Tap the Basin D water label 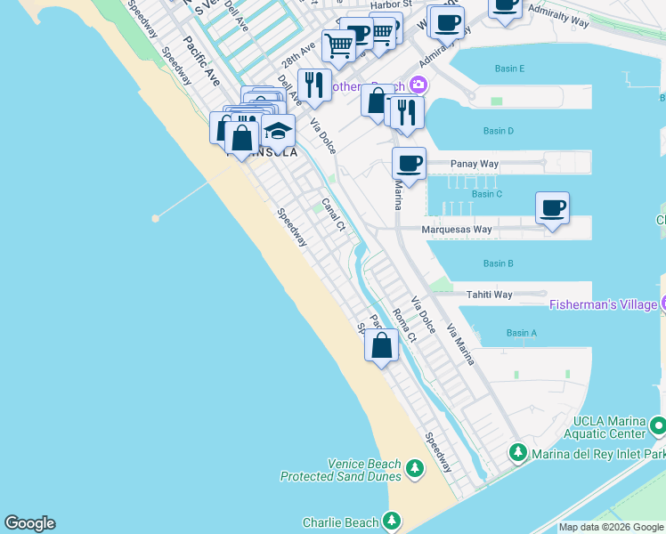pos(499,132)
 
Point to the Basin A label pos(522,333)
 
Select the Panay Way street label pos(475,164)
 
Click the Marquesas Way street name pos(457,230)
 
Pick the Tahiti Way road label pos(491,295)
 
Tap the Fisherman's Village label pos(602,304)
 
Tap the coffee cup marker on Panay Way pos(409,164)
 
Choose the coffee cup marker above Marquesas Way pos(553,208)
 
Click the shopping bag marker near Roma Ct pos(382,345)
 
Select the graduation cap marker pos(278,131)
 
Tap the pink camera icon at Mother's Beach pos(417,86)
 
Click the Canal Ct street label pos(333,214)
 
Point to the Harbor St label pos(392,4)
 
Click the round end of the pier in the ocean pos(156,217)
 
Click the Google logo pos(29,523)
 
